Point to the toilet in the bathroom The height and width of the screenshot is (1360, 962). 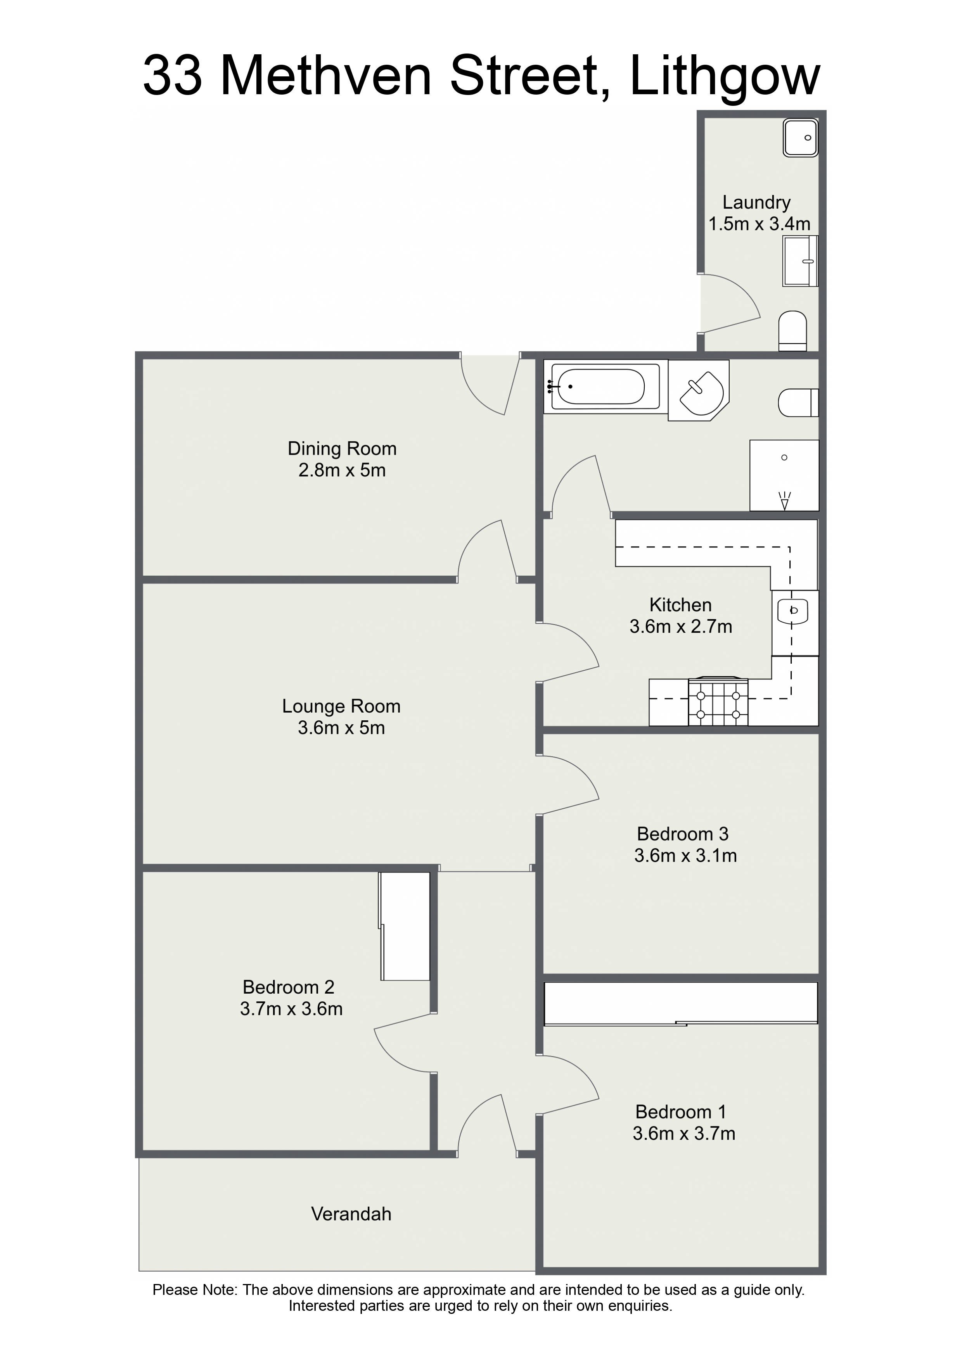pyautogui.click(x=798, y=403)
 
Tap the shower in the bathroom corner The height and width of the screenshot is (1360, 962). pyautogui.click(x=784, y=475)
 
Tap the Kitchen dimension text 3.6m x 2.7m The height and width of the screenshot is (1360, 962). pyautogui.click(x=681, y=626)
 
